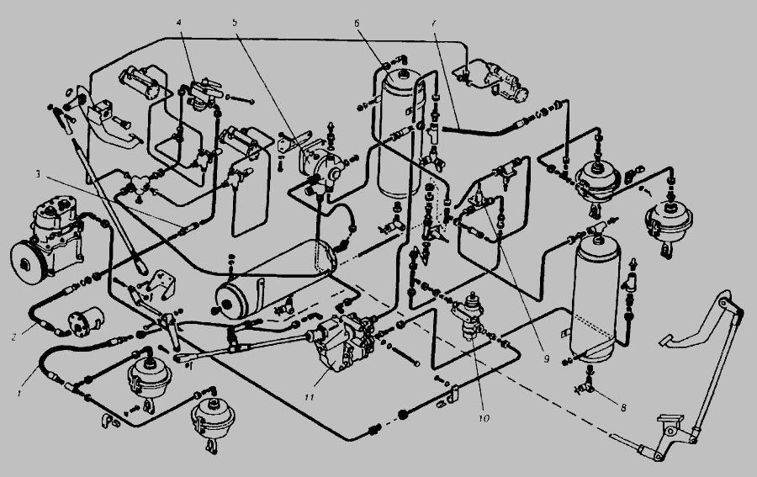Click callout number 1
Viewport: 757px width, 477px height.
click(x=20, y=393)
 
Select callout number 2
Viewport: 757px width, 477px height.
click(x=14, y=337)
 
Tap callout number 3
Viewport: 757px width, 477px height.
click(x=38, y=174)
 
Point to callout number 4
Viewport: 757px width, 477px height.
click(x=179, y=23)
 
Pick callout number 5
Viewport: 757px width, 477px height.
click(x=235, y=22)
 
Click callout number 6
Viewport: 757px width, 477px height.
click(x=357, y=23)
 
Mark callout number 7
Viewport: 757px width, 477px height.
click(x=434, y=23)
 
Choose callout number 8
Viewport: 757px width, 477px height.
click(x=623, y=408)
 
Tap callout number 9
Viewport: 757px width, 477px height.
click(x=547, y=359)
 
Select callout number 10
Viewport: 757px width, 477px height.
click(x=484, y=418)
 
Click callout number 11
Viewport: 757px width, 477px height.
click(x=310, y=397)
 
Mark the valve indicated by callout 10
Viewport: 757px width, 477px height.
click(x=469, y=316)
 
